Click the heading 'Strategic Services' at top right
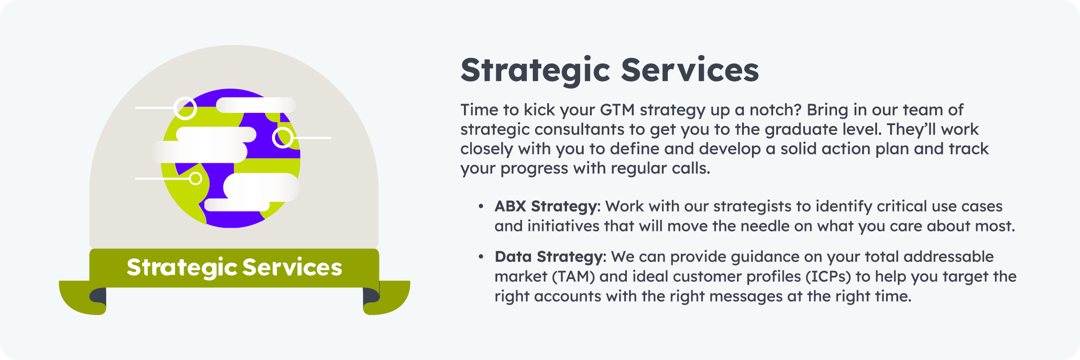(x=610, y=71)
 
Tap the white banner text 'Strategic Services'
(x=234, y=267)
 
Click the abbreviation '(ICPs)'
(x=828, y=276)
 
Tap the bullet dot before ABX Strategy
(x=481, y=207)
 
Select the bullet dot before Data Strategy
(x=481, y=257)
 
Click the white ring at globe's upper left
(x=185, y=108)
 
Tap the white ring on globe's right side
(x=283, y=137)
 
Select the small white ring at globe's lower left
(x=195, y=179)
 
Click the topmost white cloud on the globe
(x=256, y=105)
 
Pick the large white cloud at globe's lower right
(x=261, y=187)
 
